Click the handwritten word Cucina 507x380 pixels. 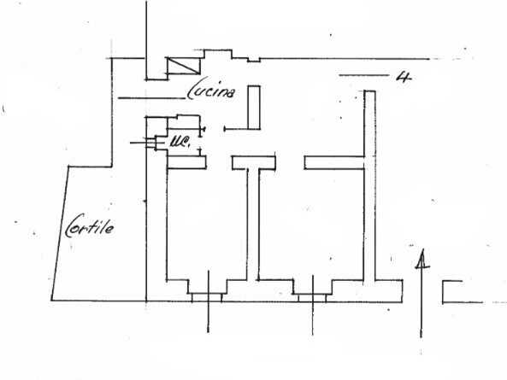pyautogui.click(x=211, y=88)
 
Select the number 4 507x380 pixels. pyautogui.click(x=404, y=77)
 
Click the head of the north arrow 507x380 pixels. pyautogui.click(x=422, y=260)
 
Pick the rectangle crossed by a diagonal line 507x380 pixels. pyautogui.click(x=183, y=66)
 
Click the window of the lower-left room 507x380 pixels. pyautogui.click(x=207, y=297)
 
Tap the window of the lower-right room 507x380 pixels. pyautogui.click(x=312, y=298)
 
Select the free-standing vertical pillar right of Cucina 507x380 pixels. pyautogui.click(x=254, y=108)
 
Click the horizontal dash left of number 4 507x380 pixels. pyautogui.click(x=363, y=75)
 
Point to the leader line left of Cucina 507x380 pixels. pyautogui.click(x=151, y=98)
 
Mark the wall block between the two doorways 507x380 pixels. pyautogui.click(x=254, y=162)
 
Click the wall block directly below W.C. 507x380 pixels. pyautogui.click(x=187, y=162)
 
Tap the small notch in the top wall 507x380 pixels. pyautogui.click(x=254, y=60)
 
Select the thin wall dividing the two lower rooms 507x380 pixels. pyautogui.click(x=253, y=224)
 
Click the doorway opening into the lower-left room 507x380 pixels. pyautogui.click(x=219, y=162)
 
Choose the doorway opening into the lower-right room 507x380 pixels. pyautogui.click(x=290, y=162)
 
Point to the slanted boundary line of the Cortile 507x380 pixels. pyautogui.click(x=60, y=233)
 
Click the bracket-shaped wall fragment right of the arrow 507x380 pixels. pyautogui.click(x=452, y=292)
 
